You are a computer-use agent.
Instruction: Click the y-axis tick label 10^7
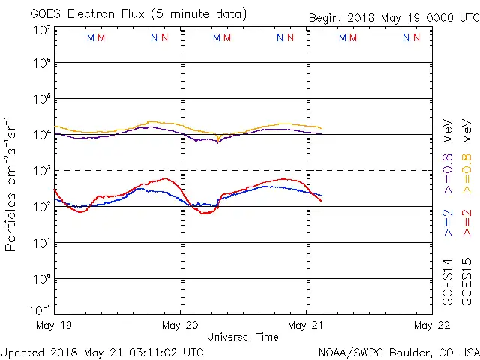click(x=42, y=30)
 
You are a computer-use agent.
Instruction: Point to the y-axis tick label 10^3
click(x=42, y=169)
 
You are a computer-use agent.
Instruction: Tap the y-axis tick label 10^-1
click(x=40, y=310)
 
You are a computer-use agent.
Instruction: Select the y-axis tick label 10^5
click(x=42, y=100)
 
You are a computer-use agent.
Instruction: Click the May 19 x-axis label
click(x=54, y=325)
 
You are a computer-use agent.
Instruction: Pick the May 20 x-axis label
click(x=180, y=325)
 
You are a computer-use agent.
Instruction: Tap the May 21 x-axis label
click(x=306, y=325)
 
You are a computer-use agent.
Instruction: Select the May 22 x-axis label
click(x=432, y=325)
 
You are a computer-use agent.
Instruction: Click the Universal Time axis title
click(x=243, y=337)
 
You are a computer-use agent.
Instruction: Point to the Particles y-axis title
click(x=11, y=184)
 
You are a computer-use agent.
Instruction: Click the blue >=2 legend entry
click(x=448, y=224)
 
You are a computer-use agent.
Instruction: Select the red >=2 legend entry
click(x=466, y=224)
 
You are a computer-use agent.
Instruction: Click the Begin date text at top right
click(x=393, y=18)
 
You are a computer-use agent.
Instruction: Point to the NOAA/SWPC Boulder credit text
click(x=398, y=352)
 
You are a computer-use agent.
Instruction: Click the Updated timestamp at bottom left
click(x=102, y=351)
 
